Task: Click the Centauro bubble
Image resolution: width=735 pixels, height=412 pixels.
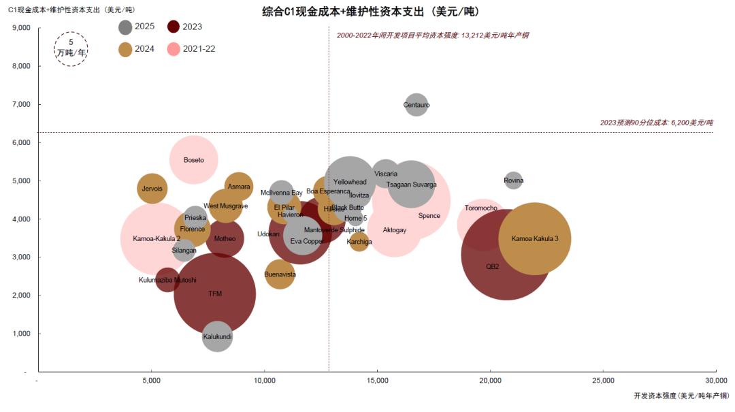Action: pyautogui.click(x=416, y=105)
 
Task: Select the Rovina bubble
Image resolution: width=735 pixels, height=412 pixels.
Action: pyautogui.click(x=514, y=180)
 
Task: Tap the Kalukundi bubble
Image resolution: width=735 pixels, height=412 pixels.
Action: pyautogui.click(x=217, y=336)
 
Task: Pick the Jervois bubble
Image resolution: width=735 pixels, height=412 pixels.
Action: pyautogui.click(x=152, y=189)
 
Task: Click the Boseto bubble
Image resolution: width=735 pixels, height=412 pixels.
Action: pyautogui.click(x=194, y=160)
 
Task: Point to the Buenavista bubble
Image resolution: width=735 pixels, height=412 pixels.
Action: pyautogui.click(x=280, y=274)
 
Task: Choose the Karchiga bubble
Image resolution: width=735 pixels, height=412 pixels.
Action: pyautogui.click(x=359, y=242)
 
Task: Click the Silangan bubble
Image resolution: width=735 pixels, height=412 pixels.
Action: pyautogui.click(x=184, y=251)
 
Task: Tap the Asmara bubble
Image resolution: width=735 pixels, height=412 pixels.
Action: pyautogui.click(x=239, y=187)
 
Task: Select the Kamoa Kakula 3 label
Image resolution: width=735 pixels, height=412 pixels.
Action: pyautogui.click(x=535, y=238)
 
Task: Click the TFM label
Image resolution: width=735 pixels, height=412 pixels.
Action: pyautogui.click(x=215, y=294)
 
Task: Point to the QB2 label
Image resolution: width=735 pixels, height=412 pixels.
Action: pyautogui.click(x=493, y=266)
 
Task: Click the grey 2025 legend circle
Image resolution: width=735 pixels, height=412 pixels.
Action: pyautogui.click(x=125, y=27)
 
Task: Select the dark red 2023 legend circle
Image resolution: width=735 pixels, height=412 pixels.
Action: pyautogui.click(x=174, y=27)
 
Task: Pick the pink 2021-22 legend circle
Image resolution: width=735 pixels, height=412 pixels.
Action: pyautogui.click(x=174, y=49)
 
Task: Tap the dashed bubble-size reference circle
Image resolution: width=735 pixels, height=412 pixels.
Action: pyautogui.click(x=71, y=48)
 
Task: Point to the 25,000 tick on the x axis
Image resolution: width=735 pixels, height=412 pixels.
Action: pyautogui.click(x=603, y=380)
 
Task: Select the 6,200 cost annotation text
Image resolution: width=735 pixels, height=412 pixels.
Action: pyautogui.click(x=656, y=123)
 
